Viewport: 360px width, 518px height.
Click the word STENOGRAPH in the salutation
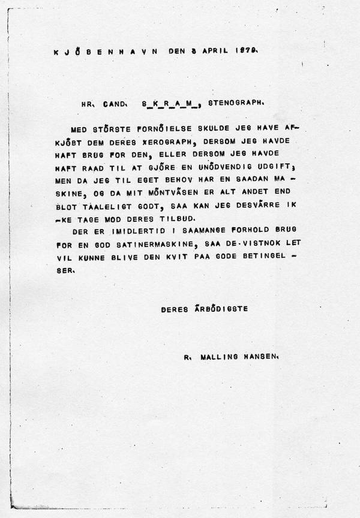click(x=236, y=103)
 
